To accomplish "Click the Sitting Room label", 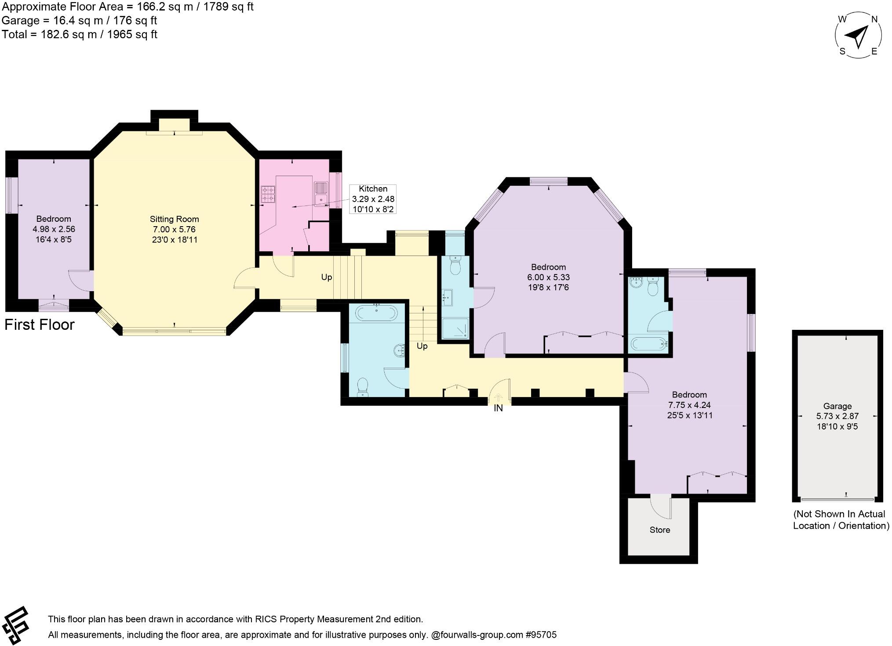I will [x=174, y=219].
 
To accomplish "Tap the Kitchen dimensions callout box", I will [x=373, y=199].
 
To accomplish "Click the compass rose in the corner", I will [x=858, y=36].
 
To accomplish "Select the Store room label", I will [x=659, y=530].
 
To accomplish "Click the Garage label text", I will [x=837, y=406].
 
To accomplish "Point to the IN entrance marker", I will [x=498, y=408].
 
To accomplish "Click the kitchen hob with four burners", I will [x=268, y=195].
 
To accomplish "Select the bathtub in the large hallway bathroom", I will [x=376, y=313].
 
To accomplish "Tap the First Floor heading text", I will [x=40, y=325].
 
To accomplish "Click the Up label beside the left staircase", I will [x=326, y=277].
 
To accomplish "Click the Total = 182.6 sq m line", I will [x=80, y=35].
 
